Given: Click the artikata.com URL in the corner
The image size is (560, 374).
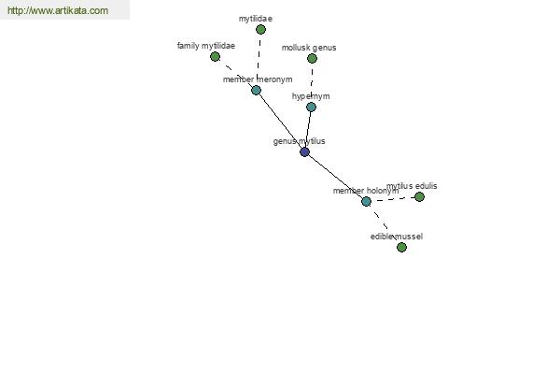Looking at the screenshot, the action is pos(58,10).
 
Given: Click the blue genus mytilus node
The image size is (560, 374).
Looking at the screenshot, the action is pos(304,152).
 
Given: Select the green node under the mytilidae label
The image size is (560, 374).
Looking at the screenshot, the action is pos(260,29).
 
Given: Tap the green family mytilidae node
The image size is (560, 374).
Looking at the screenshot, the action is pos(215,56).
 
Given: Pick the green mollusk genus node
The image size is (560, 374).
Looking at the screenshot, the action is pos(312,58).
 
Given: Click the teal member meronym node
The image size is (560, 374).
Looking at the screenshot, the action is pos(256,90).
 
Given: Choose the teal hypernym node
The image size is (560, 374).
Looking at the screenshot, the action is pos(311,107).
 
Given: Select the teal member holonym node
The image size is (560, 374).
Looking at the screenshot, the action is pos(366,202).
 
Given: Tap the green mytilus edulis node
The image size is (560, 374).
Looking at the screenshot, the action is pos(419,197).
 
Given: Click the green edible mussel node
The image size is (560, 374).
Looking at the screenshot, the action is pos(401,247).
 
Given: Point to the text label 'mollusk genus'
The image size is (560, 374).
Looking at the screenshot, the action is pos(309,48).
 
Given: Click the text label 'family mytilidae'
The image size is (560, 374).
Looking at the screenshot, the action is pos(206,46).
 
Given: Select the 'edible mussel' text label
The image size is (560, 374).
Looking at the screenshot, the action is pos(397,237).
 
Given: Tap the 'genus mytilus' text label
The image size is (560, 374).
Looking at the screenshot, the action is pos(300,141).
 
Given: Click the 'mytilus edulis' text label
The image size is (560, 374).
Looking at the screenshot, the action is pos(412,186).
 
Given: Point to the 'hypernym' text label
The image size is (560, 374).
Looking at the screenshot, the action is pos(311,96).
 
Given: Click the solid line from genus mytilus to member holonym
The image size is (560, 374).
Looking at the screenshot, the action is pos(335,177).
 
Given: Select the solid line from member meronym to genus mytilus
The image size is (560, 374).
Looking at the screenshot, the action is pos(280,121).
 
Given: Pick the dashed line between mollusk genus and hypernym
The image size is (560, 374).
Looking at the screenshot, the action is pos(312,82).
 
